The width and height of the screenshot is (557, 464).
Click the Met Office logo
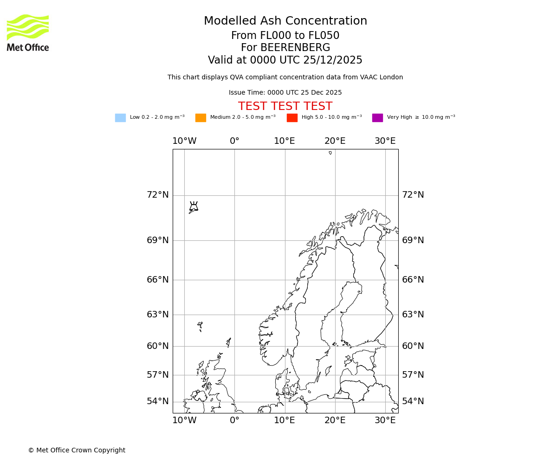pyautogui.click(x=28, y=32)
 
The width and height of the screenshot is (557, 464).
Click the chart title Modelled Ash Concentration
pyautogui.click(x=285, y=21)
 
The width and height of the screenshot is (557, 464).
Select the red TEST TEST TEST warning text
pyautogui.click(x=285, y=107)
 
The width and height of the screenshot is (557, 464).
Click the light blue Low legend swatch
pyautogui.click(x=120, y=118)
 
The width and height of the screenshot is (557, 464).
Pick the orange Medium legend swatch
pyautogui.click(x=201, y=118)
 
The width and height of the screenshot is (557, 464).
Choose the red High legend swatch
pyautogui.click(x=292, y=118)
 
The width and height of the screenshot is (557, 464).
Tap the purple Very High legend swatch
pyautogui.click(x=377, y=118)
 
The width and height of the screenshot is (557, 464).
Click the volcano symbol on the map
pyautogui.click(x=194, y=206)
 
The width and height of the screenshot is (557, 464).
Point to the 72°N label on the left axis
pyautogui.click(x=158, y=195)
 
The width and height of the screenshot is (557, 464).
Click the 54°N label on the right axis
pyautogui.click(x=413, y=401)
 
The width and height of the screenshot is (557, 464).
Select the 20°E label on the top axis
pyautogui.click(x=335, y=141)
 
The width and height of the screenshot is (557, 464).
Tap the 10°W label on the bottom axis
pyautogui.click(x=184, y=420)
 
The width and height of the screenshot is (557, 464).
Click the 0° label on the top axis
pyautogui.click(x=234, y=141)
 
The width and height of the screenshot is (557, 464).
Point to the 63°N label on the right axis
pyautogui.click(x=413, y=315)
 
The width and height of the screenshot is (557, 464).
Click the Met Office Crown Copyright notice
pyautogui.click(x=77, y=451)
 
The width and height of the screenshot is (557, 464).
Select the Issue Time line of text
pyautogui.click(x=285, y=93)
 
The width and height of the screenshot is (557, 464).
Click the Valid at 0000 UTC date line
pyautogui.click(x=285, y=60)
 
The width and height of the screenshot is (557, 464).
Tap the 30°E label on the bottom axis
pyautogui.click(x=385, y=420)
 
